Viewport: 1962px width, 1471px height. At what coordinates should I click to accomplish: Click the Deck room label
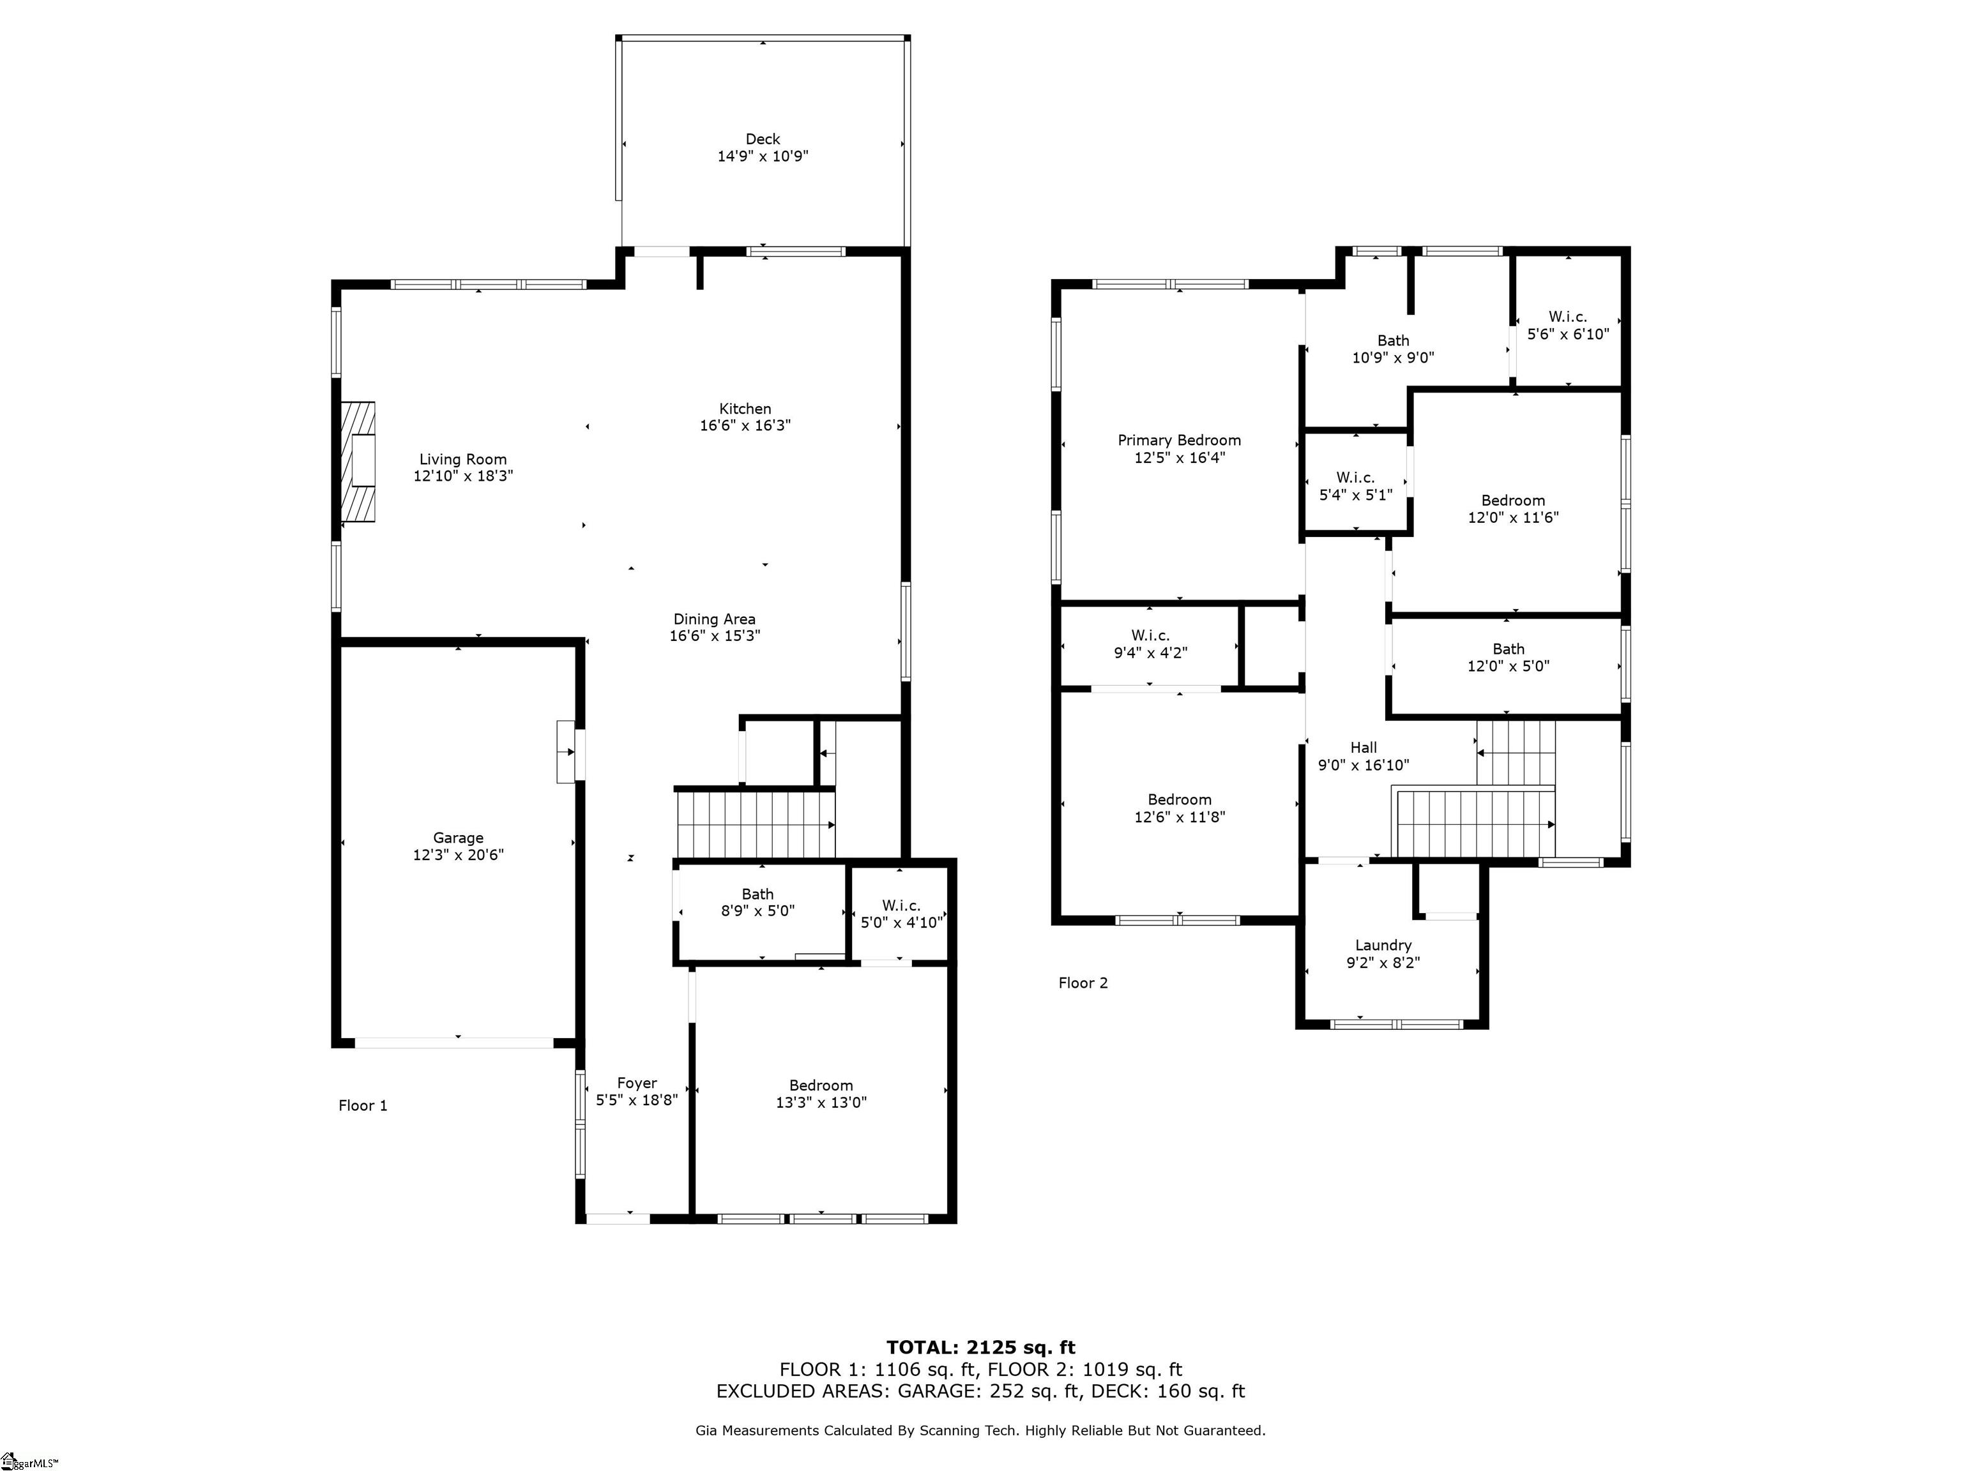point(763,139)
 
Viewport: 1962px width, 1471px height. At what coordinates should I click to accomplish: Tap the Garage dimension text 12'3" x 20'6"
point(459,855)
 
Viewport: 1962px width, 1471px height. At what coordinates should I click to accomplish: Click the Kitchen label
point(745,409)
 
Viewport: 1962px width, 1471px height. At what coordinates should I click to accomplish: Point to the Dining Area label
point(715,619)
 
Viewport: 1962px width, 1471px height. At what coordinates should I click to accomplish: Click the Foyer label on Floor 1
point(637,1083)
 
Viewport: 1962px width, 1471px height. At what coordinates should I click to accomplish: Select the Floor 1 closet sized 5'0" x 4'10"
point(901,913)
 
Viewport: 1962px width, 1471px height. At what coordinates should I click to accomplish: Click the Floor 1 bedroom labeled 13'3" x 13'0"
point(821,1093)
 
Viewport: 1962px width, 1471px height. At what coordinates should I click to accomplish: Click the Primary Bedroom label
point(1180,440)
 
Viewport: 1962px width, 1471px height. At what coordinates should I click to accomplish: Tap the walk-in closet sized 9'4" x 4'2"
point(1150,645)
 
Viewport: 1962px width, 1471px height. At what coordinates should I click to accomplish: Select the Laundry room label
point(1384,945)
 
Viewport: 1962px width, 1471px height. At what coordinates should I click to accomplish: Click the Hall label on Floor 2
point(1364,748)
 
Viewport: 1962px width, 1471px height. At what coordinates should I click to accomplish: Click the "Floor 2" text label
point(1083,983)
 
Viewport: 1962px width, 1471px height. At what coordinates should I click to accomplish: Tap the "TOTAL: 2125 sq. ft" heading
point(981,1348)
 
